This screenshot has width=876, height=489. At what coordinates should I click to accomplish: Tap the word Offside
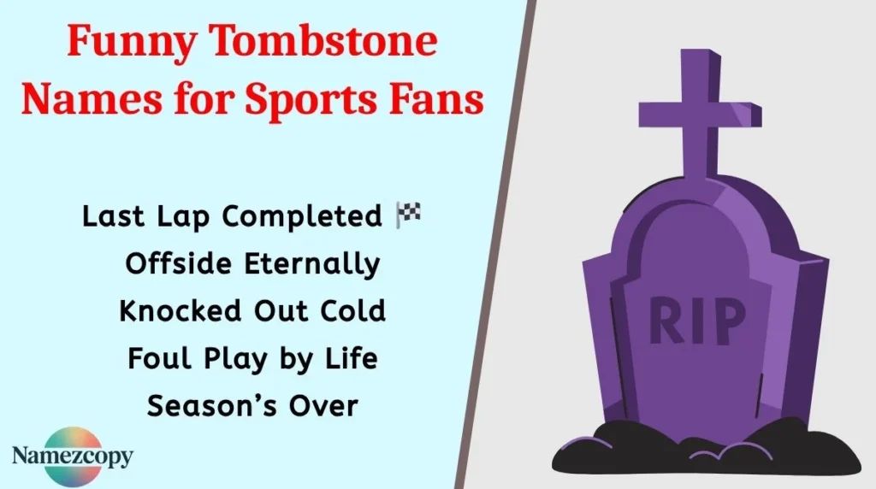[175, 264]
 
